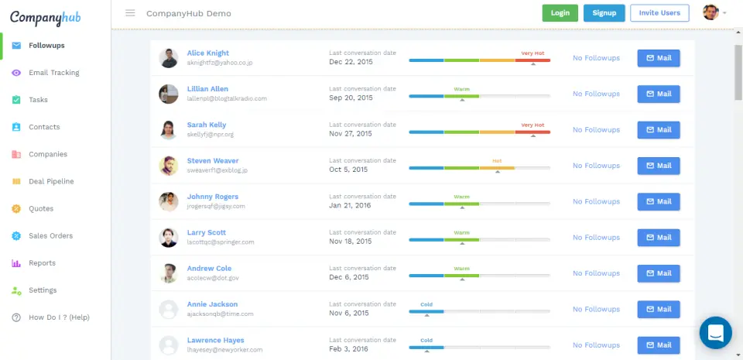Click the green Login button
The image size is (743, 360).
tap(560, 13)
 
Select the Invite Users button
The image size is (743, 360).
tap(659, 13)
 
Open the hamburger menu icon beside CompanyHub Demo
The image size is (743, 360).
tap(130, 13)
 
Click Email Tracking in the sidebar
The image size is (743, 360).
tap(53, 73)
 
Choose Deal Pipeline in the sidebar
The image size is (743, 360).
tap(51, 181)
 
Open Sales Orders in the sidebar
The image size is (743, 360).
tap(50, 236)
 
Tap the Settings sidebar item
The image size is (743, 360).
tap(43, 290)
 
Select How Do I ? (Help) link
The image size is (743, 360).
tap(59, 317)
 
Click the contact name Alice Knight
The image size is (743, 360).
tap(208, 53)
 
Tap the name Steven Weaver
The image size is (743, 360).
tap(213, 161)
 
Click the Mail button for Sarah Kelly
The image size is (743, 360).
tap(659, 130)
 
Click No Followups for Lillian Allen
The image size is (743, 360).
tap(596, 94)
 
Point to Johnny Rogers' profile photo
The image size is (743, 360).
tap(169, 201)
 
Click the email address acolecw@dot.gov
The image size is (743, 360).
tap(213, 278)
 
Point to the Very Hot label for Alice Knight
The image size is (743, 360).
tap(532, 53)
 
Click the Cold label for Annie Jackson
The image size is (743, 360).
tap(426, 304)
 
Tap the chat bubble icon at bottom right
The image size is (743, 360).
tap(715, 333)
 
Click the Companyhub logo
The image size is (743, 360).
tap(46, 17)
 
